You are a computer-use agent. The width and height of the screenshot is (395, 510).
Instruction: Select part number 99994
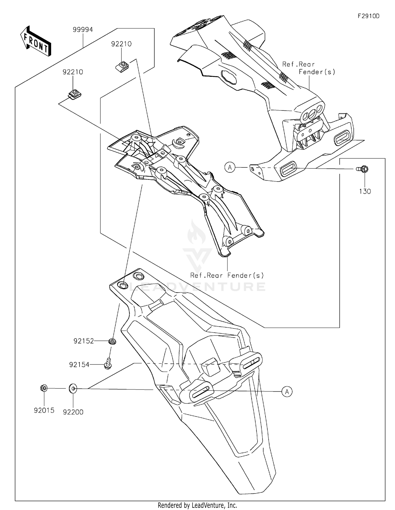83,30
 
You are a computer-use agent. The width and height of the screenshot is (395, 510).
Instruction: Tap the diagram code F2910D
368,16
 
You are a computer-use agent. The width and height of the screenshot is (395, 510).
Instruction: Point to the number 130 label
365,191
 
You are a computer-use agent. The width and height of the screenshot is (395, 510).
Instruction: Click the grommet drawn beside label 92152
112,342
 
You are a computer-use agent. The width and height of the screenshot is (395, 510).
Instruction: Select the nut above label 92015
44,388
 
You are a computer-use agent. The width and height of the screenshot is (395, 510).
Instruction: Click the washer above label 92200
73,388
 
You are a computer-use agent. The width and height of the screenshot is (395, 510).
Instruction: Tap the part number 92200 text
73,412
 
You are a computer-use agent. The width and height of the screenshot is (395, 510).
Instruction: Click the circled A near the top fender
230,167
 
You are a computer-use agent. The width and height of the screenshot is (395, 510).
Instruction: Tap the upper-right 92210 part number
121,44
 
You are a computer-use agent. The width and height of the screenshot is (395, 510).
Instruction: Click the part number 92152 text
83,341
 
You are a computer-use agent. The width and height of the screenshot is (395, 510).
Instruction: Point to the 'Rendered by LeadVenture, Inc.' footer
197,505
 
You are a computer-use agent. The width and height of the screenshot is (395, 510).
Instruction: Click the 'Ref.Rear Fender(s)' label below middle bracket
227,275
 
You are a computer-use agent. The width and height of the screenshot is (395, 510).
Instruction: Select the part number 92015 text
44,410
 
